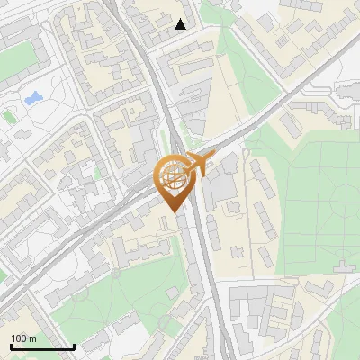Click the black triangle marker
(181, 24)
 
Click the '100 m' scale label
(24, 338)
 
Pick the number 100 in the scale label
(19, 338)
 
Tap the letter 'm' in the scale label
(32, 338)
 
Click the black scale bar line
(42, 346)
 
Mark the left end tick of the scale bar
(11, 345)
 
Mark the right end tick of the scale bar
(74, 345)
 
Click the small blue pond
(34, 96)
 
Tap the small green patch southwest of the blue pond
(10, 115)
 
